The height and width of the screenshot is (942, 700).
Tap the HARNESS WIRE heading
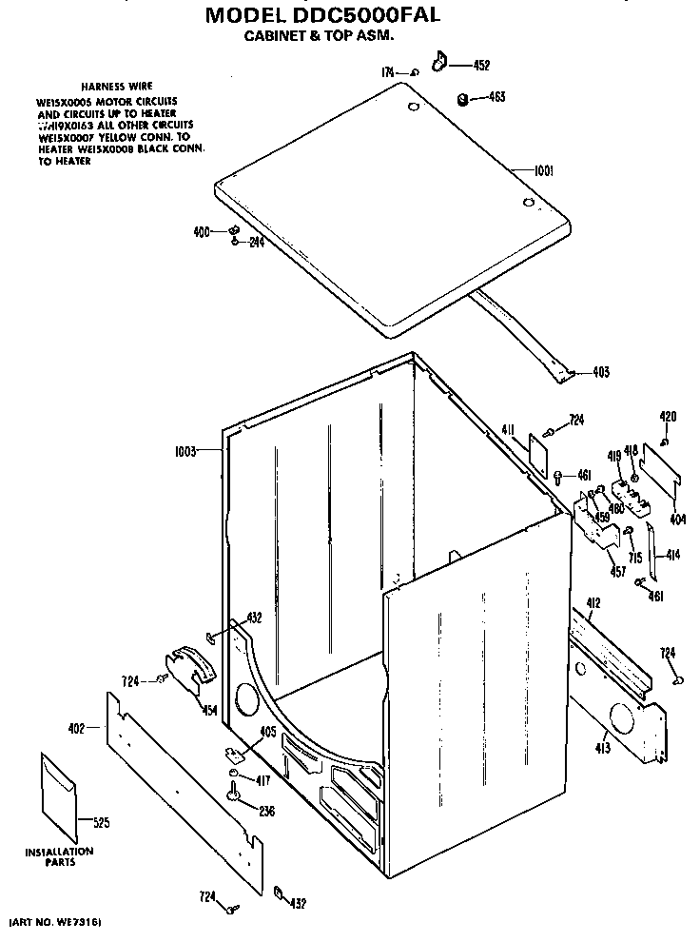pyautogui.click(x=116, y=86)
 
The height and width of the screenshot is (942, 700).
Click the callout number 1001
pyautogui.click(x=543, y=171)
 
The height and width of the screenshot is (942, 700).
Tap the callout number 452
pyautogui.click(x=481, y=66)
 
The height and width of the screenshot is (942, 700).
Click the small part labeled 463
pyautogui.click(x=461, y=97)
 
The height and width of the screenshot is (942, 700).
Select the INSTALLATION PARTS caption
pyautogui.click(x=59, y=857)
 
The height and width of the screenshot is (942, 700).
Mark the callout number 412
pyautogui.click(x=593, y=602)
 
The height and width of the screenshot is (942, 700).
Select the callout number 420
pyautogui.click(x=668, y=417)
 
